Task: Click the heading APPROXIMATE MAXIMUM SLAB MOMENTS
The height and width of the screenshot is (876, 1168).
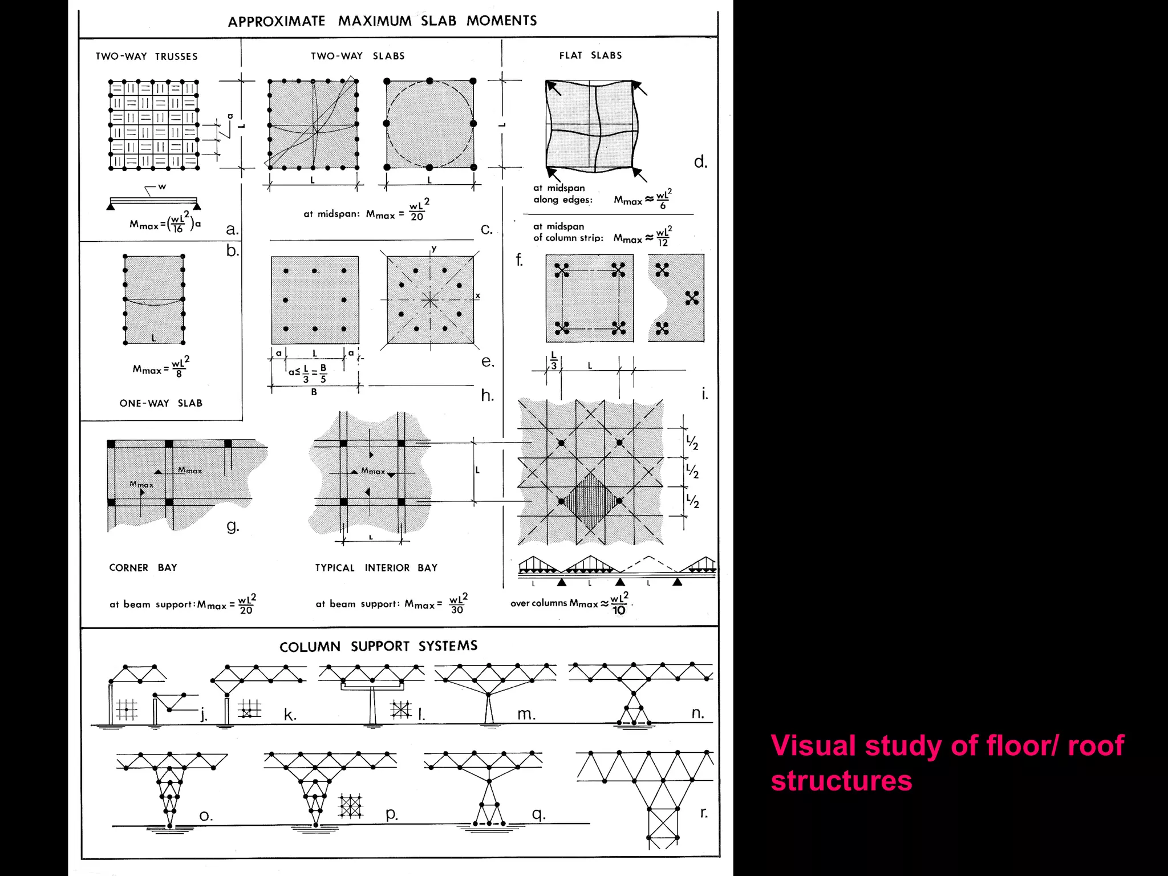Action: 382,21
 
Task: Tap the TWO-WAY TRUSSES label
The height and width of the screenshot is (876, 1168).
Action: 147,56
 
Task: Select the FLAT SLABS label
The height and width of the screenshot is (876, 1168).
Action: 590,55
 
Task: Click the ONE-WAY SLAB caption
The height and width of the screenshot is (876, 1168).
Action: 161,403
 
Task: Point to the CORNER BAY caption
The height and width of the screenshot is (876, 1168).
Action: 143,567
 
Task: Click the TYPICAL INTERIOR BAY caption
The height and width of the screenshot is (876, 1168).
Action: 376,567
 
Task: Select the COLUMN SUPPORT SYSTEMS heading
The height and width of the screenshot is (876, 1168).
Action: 378,646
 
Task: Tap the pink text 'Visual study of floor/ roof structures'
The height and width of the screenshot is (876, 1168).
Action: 947,763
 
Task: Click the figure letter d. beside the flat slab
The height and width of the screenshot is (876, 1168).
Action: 700,162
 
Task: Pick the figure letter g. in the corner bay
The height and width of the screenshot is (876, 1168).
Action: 232,525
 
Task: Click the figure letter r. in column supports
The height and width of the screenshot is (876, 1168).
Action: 704,812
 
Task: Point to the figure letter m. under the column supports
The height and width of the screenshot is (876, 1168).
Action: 526,713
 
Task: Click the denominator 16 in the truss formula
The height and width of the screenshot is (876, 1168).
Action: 178,229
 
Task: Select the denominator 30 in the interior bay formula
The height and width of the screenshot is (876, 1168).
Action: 457,610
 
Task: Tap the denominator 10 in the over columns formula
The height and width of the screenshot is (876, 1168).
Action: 619,610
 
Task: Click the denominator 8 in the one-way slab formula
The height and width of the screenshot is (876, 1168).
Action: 179,374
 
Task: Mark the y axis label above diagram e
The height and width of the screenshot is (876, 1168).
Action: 434,249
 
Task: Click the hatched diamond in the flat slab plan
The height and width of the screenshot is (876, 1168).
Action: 590,501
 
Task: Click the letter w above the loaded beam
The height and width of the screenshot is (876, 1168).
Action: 163,186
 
